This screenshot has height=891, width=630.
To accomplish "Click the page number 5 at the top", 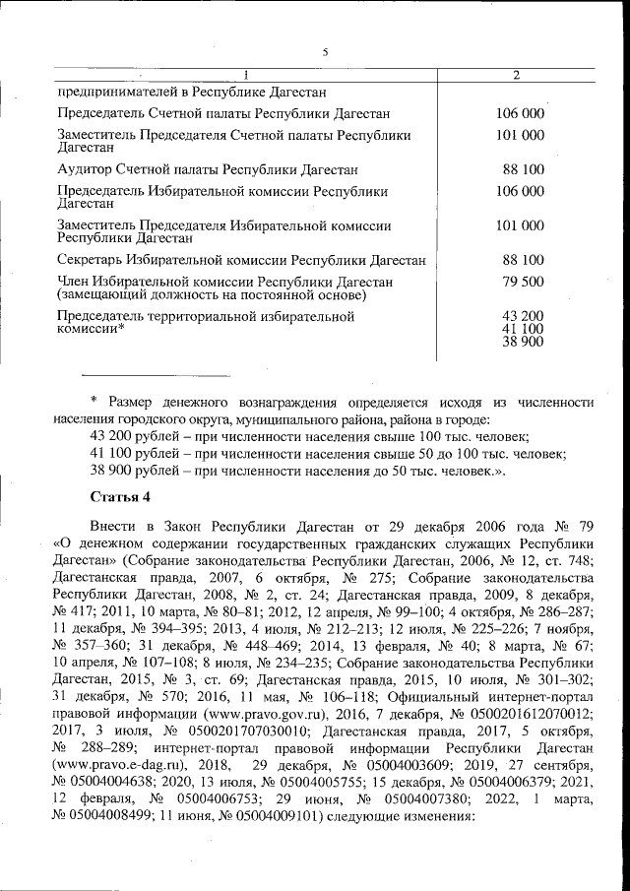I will (x=325, y=51).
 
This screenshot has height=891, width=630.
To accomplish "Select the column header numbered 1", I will (x=245, y=76).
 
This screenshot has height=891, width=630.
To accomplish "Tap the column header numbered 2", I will (x=516, y=76).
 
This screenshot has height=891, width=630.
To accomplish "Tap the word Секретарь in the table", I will (x=92, y=261).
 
